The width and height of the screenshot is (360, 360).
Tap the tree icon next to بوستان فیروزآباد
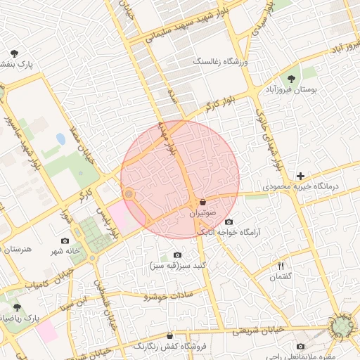pyautogui.click(x=292, y=79)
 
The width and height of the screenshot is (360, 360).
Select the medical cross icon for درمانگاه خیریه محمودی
pyautogui.click(x=301, y=176)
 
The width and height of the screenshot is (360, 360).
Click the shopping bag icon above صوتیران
pyautogui.click(x=203, y=202)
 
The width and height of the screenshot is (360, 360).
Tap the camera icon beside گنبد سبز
pyautogui.click(x=176, y=255)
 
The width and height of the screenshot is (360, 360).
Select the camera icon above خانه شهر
pyautogui.click(x=65, y=240)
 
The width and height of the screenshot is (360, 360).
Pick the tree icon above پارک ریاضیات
pyautogui.click(x=17, y=307)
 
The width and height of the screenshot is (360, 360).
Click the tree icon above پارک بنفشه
pyautogui.click(x=14, y=53)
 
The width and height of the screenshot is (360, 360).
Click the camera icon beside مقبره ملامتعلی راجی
pyautogui.click(x=301, y=346)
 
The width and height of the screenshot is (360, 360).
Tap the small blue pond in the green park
pyautogui.click(x=60, y=139)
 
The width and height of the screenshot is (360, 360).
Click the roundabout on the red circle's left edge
pyautogui.click(x=129, y=193)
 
